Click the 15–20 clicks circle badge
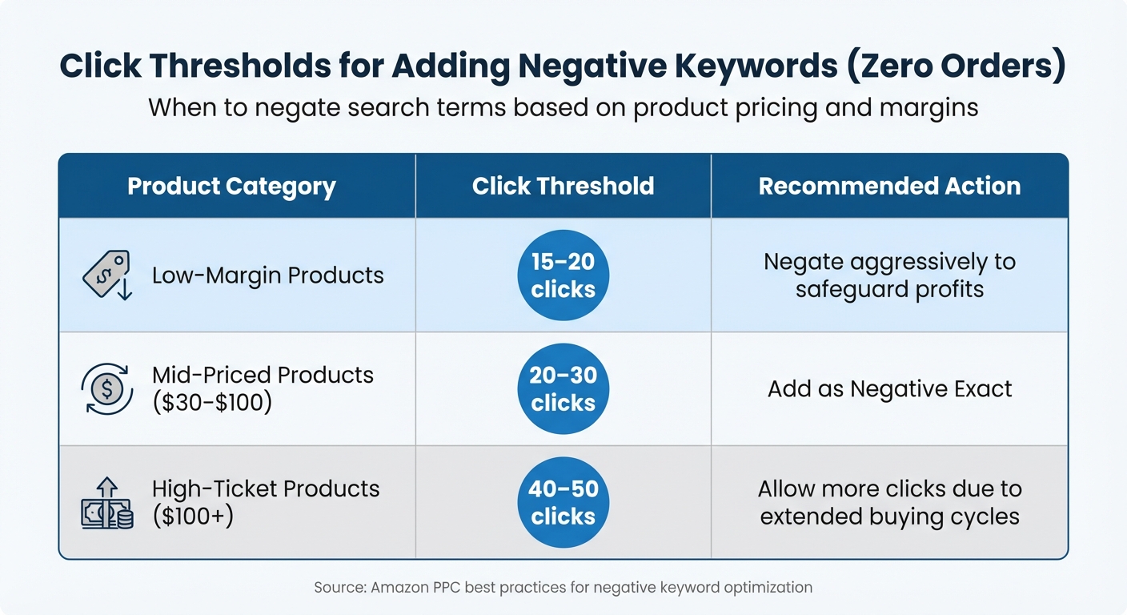(x=563, y=275)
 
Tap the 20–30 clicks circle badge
(x=563, y=389)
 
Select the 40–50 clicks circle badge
(x=563, y=503)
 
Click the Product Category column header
(x=231, y=187)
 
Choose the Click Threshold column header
(x=563, y=187)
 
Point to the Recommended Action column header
(x=889, y=187)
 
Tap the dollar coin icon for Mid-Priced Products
(x=107, y=389)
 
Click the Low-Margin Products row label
(x=267, y=275)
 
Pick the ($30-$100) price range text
(x=212, y=403)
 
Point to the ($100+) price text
(x=193, y=517)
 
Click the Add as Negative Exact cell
(x=889, y=389)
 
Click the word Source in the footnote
(x=339, y=587)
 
